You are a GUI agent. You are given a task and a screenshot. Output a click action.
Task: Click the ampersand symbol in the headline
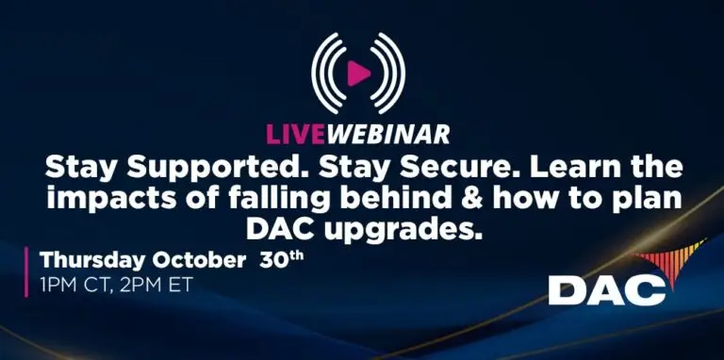(450, 200)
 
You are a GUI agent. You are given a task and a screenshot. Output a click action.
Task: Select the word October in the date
(196, 260)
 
